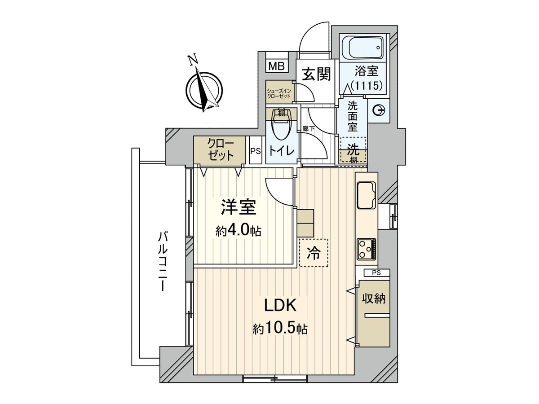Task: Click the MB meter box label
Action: tap(276, 66)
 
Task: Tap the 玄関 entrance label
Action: tap(316, 74)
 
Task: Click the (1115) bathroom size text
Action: tap(367, 86)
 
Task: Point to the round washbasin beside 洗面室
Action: tap(377, 110)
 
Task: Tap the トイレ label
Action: tap(282, 150)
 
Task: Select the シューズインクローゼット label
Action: tap(279, 93)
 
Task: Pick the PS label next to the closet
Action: tap(256, 151)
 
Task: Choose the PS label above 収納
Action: tap(376, 272)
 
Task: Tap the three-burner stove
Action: tap(366, 249)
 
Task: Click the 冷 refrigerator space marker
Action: tap(314, 253)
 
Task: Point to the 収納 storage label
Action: tap(374, 299)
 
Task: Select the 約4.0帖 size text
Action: tap(238, 231)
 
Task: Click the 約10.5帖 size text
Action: tap(280, 329)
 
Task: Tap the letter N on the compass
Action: tap(193, 60)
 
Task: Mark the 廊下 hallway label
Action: tap(308, 129)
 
